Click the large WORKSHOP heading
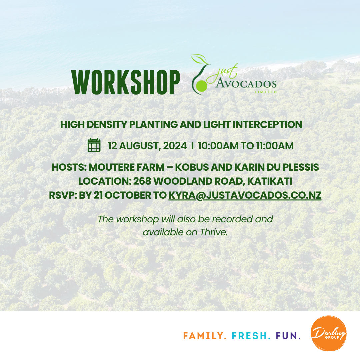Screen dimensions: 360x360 tap(125, 82)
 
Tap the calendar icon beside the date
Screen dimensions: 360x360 tap(94, 145)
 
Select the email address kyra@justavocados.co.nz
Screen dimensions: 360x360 tap(245, 195)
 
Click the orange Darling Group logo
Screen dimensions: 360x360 tap(329, 333)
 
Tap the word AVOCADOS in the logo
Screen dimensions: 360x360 tap(246, 84)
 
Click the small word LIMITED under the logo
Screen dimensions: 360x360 tap(266, 92)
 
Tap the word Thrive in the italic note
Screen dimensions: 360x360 tap(214, 232)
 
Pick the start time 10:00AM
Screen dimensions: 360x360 tap(215, 146)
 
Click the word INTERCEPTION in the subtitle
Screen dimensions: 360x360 tap(267, 125)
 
